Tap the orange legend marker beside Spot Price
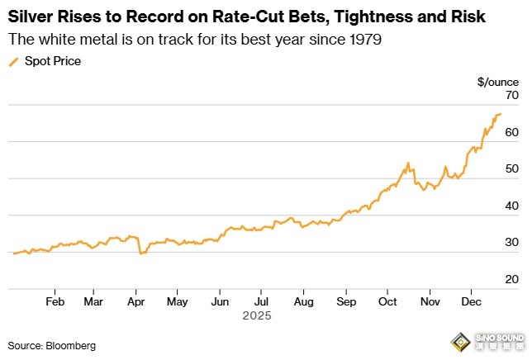(13, 62)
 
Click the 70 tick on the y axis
(511, 96)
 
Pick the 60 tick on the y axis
(511, 132)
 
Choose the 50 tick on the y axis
(511, 169)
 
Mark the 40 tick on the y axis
(511, 206)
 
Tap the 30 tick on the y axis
(511, 243)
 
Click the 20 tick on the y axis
(511, 279)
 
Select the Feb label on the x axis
(55, 301)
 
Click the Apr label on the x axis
(136, 301)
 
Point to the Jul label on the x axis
(261, 301)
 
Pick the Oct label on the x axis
(388, 301)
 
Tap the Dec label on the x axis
(472, 301)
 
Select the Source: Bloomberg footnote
(52, 344)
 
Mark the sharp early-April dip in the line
(141, 253)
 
